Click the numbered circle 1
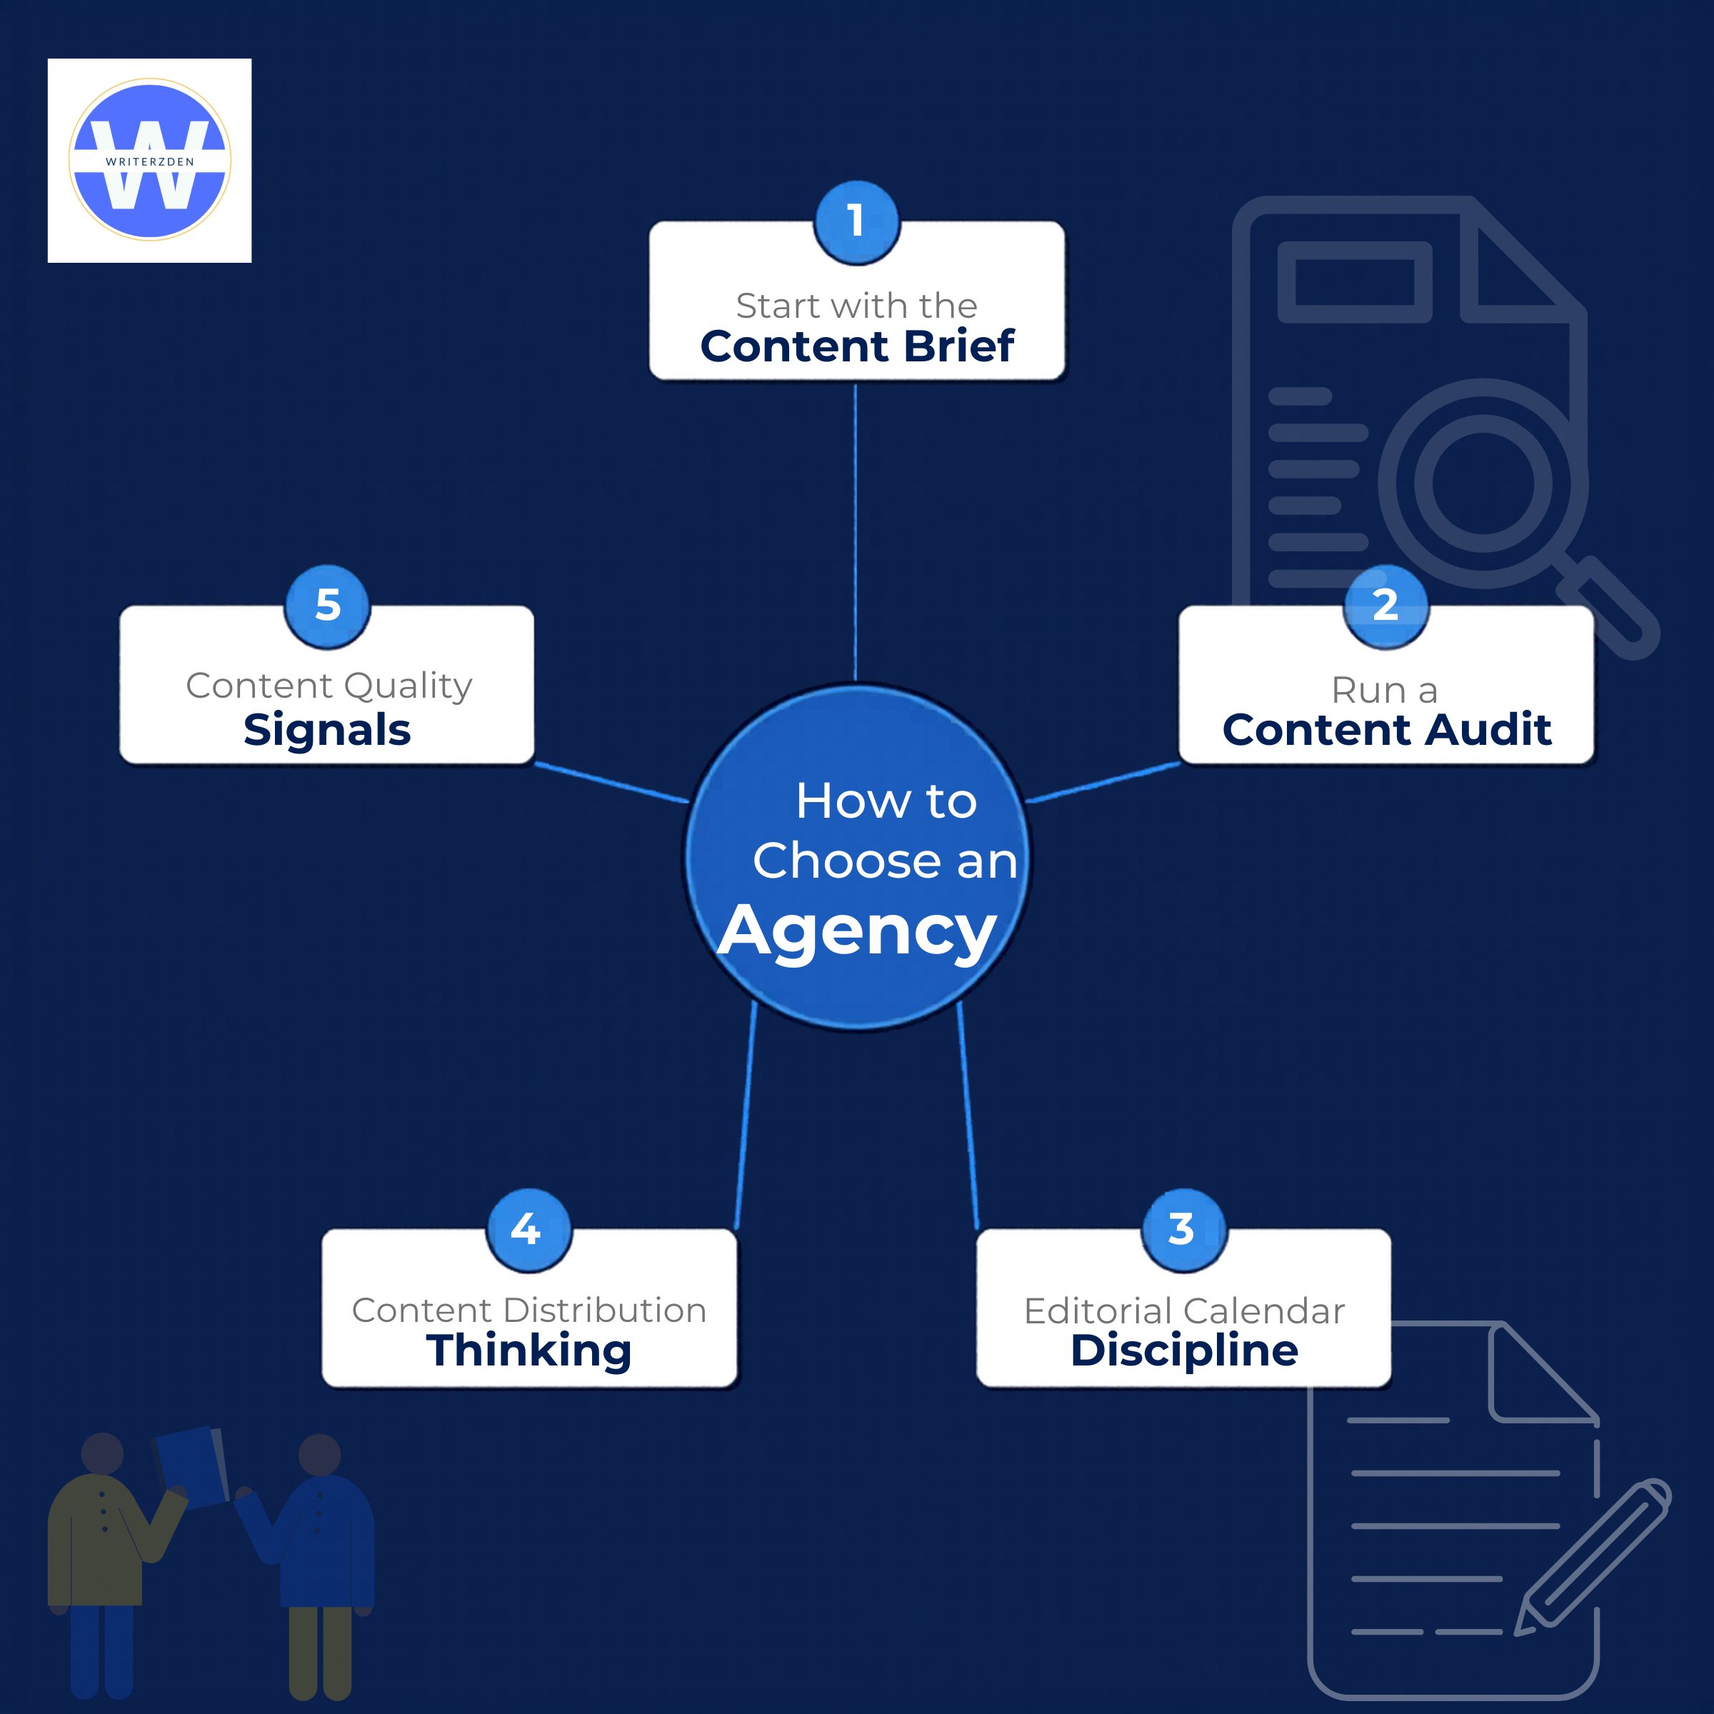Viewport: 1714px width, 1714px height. [856, 222]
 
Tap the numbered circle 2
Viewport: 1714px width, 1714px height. [1385, 606]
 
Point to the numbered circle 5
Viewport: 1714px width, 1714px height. [327, 606]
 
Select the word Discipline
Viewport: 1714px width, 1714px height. [1183, 1351]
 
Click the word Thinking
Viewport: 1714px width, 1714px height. [528, 1351]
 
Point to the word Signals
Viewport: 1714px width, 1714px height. [326, 730]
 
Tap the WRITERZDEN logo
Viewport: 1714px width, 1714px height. [150, 161]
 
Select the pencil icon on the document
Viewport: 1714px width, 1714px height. [1593, 1557]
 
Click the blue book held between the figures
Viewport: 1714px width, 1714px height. [191, 1468]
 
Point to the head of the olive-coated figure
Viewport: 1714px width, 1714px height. [102, 1453]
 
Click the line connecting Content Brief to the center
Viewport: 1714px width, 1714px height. [856, 532]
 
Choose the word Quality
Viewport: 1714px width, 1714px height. [407, 686]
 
